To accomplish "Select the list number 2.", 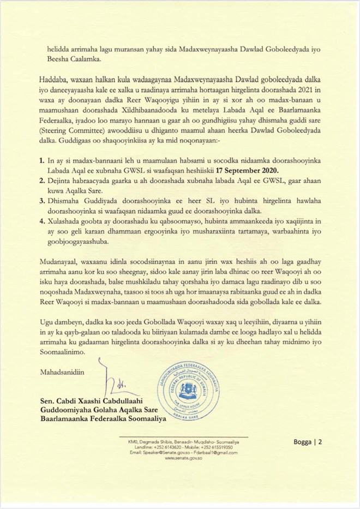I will (x=41, y=186).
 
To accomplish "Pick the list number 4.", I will (x=41, y=223).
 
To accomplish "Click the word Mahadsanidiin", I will (x=63, y=373).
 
